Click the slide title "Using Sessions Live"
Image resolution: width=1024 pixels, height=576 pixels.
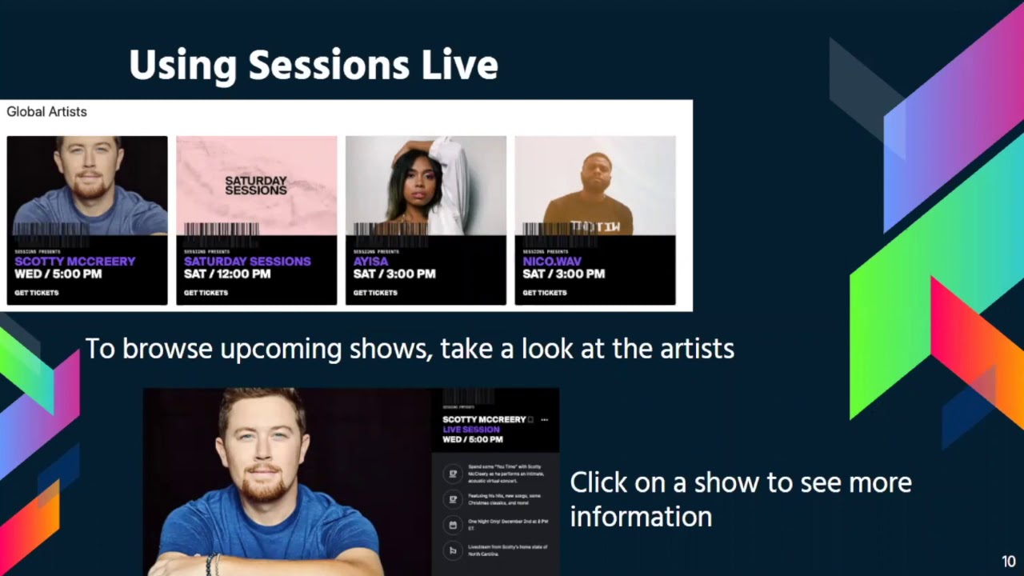tap(313, 65)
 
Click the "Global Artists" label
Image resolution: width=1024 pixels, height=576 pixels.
tap(46, 112)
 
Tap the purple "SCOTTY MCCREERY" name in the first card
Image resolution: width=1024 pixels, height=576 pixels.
tap(75, 261)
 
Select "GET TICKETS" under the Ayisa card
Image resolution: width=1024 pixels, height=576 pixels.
tap(375, 293)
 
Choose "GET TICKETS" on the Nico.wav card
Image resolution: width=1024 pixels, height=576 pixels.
tap(545, 293)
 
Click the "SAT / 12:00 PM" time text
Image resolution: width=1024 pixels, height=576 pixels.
tap(227, 274)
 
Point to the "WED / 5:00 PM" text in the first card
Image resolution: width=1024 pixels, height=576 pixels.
tap(58, 274)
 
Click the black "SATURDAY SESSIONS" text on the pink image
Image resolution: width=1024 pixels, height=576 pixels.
tap(256, 186)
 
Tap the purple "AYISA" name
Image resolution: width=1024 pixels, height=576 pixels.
tap(370, 261)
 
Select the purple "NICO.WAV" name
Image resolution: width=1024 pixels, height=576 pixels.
tap(552, 261)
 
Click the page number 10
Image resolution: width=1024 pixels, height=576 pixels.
tap(1008, 562)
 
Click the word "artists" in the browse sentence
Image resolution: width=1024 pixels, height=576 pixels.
tap(696, 349)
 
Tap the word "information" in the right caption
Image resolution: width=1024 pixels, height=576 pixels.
tap(641, 517)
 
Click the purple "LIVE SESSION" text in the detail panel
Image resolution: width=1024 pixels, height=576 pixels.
tap(471, 430)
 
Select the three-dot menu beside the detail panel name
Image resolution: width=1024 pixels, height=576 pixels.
tap(544, 420)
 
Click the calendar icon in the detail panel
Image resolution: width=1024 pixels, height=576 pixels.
tap(453, 525)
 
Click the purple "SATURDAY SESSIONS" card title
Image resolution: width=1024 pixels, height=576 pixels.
tap(247, 261)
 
